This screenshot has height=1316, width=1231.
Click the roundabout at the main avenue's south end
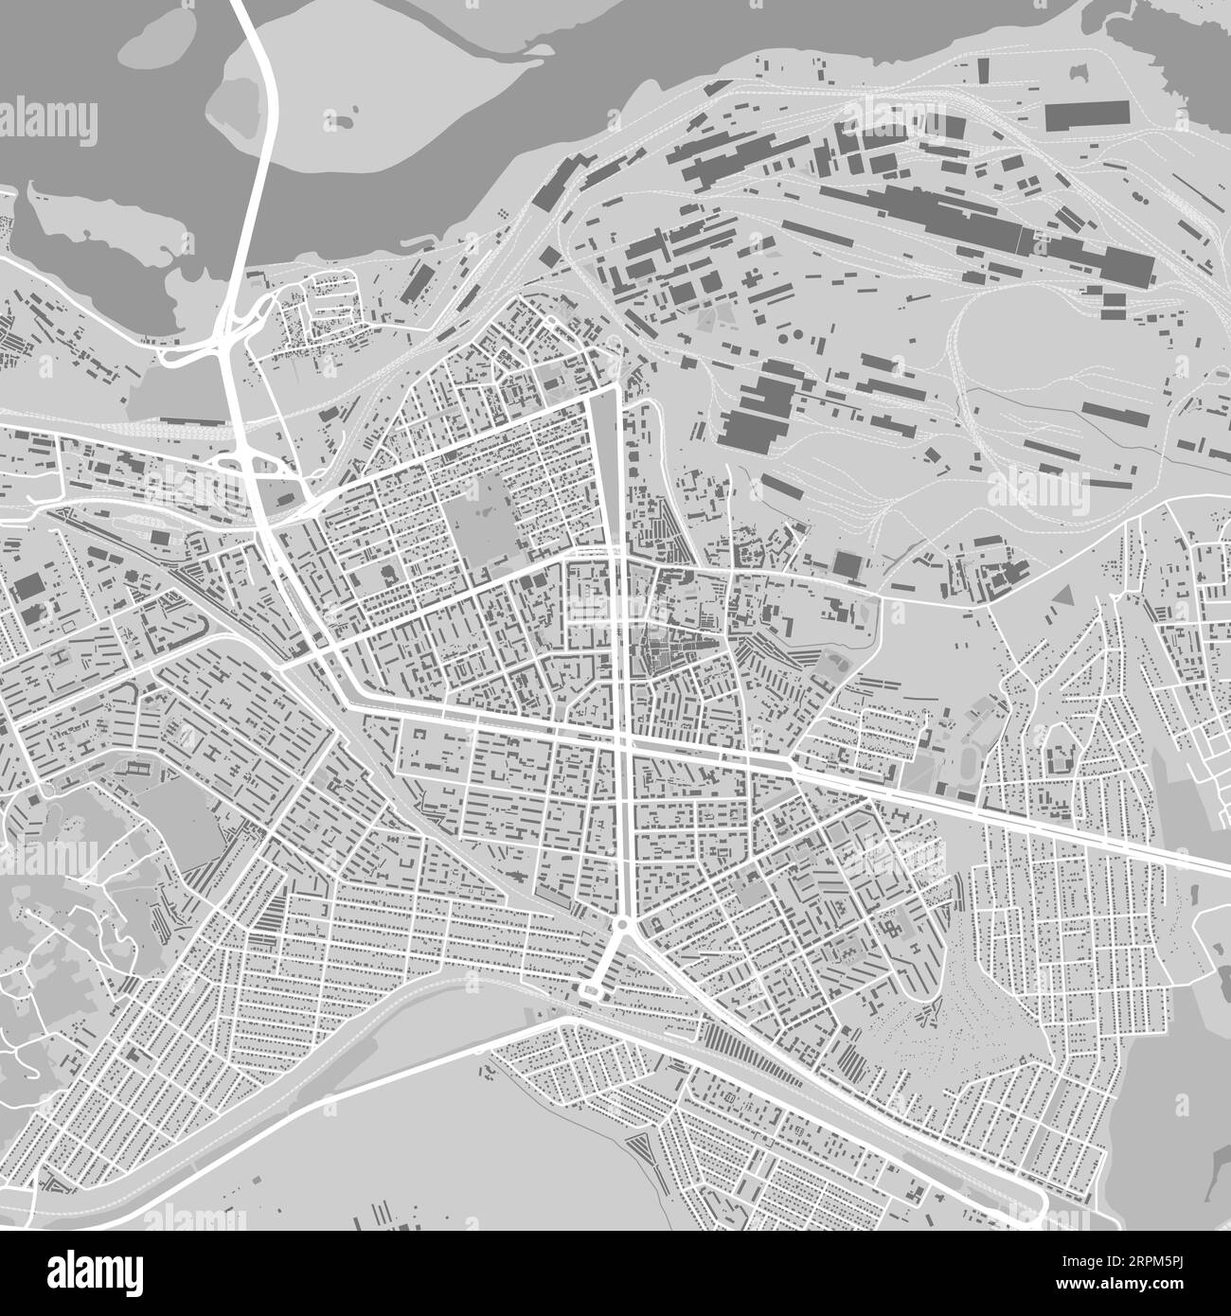click(x=622, y=925)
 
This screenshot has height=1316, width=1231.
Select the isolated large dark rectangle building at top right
click(x=1087, y=116)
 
